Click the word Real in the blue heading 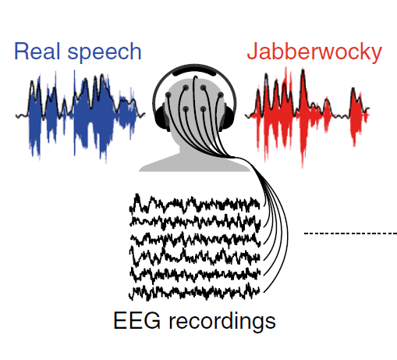tap(37, 52)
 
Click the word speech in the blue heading tap(105, 53)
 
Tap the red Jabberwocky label tap(314, 53)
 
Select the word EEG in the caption tap(136, 320)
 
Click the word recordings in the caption tap(222, 323)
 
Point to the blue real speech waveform tap(80, 115)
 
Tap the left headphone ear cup tap(161, 116)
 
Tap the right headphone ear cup tap(227, 116)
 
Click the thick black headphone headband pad tap(194, 70)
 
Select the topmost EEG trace tap(194, 204)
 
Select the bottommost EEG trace tap(194, 292)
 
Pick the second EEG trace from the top tap(195, 222)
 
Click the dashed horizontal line tap(350, 233)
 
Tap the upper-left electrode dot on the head tap(168, 95)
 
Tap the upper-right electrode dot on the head tap(221, 94)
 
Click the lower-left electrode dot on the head tap(186, 109)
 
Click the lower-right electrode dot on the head tap(204, 109)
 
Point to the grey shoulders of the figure tap(194, 163)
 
